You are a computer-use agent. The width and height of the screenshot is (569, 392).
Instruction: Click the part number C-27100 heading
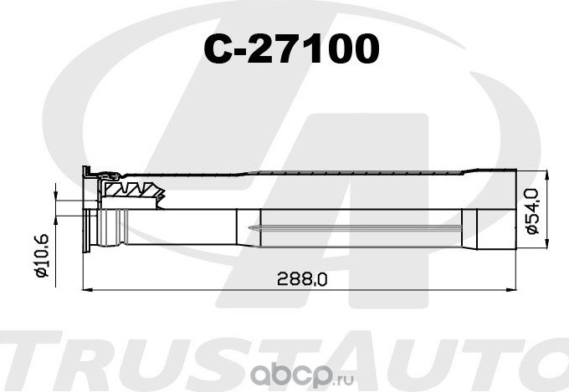292,51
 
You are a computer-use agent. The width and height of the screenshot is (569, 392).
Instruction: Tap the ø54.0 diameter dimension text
532,212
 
